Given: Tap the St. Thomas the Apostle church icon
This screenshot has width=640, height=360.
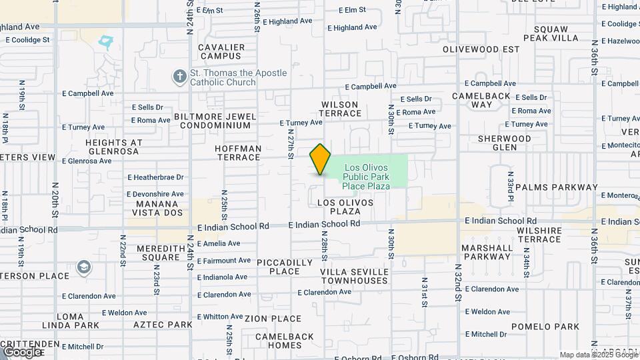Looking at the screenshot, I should pyautogui.click(x=179, y=77).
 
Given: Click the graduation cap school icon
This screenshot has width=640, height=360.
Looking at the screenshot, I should pyautogui.click(x=83, y=267).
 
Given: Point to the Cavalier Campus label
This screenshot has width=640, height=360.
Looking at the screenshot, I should pyautogui.click(x=223, y=51).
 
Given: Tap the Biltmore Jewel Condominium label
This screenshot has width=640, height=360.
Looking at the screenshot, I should pyautogui.click(x=215, y=121).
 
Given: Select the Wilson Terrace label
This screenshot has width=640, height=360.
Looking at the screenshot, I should pyautogui.click(x=340, y=109).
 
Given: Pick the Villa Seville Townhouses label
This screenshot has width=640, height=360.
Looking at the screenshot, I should pyautogui.click(x=354, y=276).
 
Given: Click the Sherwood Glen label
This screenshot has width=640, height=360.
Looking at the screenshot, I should pyautogui.click(x=505, y=143).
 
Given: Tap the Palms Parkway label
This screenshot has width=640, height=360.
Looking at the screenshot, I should pyautogui.click(x=557, y=187).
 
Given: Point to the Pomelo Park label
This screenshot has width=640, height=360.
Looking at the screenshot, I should pyautogui.click(x=545, y=327).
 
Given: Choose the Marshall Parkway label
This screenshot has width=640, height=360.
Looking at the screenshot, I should pyautogui.click(x=487, y=251).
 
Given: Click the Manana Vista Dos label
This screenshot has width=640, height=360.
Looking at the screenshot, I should pyautogui.click(x=159, y=208).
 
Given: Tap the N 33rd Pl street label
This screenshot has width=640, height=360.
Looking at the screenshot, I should pyautogui.click(x=510, y=189).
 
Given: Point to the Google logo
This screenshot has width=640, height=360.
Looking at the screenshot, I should pyautogui.click(x=23, y=352).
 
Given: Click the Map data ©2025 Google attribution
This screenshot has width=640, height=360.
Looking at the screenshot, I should pyautogui.click(x=598, y=355).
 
